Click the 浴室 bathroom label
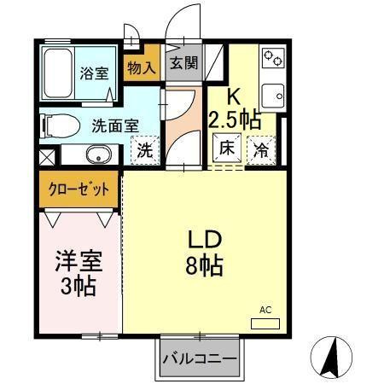click(x=94, y=72)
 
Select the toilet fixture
click(x=59, y=125)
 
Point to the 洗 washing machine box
click(x=146, y=151)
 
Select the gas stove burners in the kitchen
click(x=273, y=58)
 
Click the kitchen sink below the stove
click(x=272, y=95)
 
